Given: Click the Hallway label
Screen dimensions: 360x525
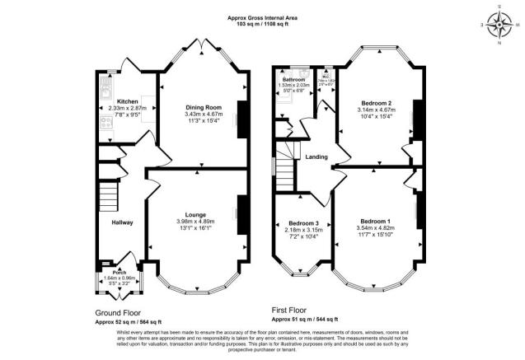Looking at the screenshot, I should (124, 221).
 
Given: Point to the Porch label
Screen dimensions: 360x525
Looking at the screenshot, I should (119, 270).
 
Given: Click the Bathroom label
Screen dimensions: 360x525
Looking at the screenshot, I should (293, 79).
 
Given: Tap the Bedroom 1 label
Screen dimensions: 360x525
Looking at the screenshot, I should (373, 221).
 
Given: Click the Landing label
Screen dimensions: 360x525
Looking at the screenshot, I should (316, 157).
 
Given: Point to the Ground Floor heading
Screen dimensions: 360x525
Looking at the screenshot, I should (118, 312).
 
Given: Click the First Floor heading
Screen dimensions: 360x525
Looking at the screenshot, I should (293, 310).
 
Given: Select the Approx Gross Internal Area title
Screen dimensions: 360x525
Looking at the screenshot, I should (262, 17).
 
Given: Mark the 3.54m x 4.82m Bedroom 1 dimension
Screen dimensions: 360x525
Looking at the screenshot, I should (373, 228).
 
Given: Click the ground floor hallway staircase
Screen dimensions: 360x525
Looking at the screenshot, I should (108, 196).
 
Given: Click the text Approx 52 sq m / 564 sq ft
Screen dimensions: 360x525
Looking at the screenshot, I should (128, 321).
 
